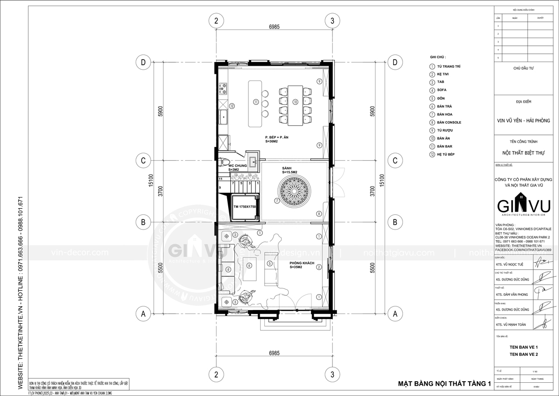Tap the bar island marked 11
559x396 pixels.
click(x=256, y=103)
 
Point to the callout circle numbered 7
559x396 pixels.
click(x=277, y=201)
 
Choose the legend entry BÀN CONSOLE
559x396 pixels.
click(x=449, y=123)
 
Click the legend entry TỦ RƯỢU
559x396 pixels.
click(x=445, y=130)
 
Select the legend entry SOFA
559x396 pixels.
click(x=441, y=90)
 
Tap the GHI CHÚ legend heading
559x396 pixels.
click(x=438, y=58)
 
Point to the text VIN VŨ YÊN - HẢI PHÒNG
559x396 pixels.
click(x=523, y=121)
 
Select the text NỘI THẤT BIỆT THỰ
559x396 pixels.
click(x=523, y=152)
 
